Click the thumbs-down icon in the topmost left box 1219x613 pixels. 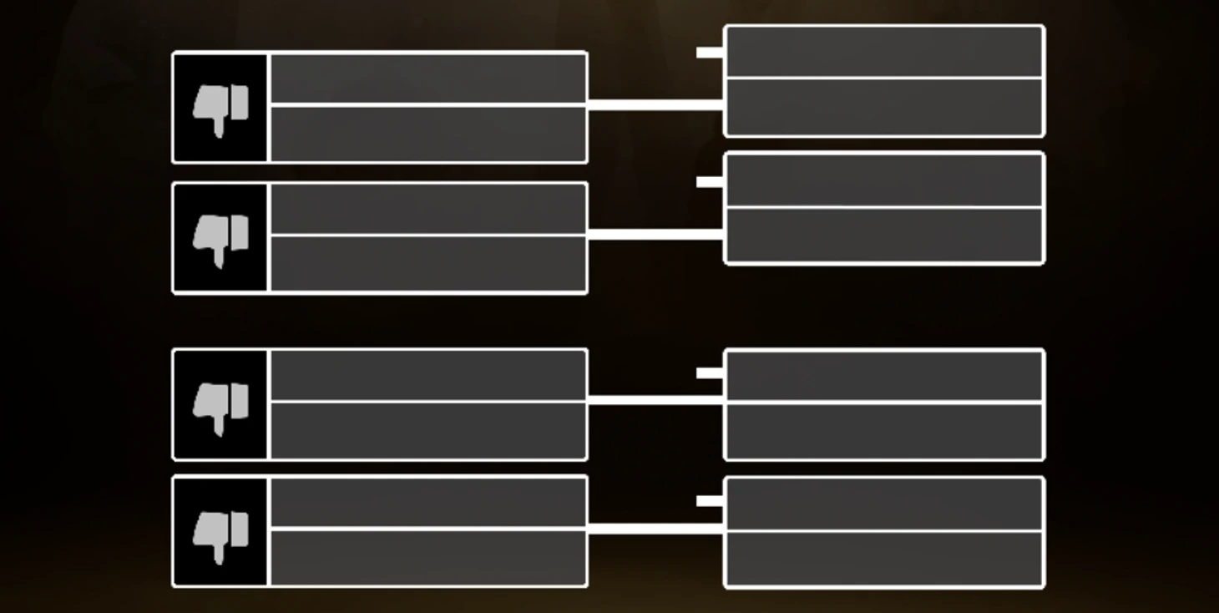(220, 108)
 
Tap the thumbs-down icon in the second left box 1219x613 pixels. (220, 238)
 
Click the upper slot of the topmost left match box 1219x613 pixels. (427, 79)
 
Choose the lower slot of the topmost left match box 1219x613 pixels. (427, 134)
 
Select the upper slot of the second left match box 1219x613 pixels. (427, 210)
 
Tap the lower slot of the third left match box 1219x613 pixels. (427, 430)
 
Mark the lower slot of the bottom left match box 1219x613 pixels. (427, 557)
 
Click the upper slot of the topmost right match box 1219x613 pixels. (884, 52)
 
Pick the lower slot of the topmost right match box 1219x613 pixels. (884, 107)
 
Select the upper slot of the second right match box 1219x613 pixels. (884, 180)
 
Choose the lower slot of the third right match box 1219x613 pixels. (884, 431)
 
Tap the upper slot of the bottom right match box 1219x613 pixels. (884, 504)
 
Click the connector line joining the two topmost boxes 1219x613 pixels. (655, 105)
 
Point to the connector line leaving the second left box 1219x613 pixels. (655, 235)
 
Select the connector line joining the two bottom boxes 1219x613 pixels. (655, 529)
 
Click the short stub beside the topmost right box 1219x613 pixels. (710, 53)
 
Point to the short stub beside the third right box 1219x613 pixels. (710, 373)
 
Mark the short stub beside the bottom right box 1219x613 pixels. (710, 501)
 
